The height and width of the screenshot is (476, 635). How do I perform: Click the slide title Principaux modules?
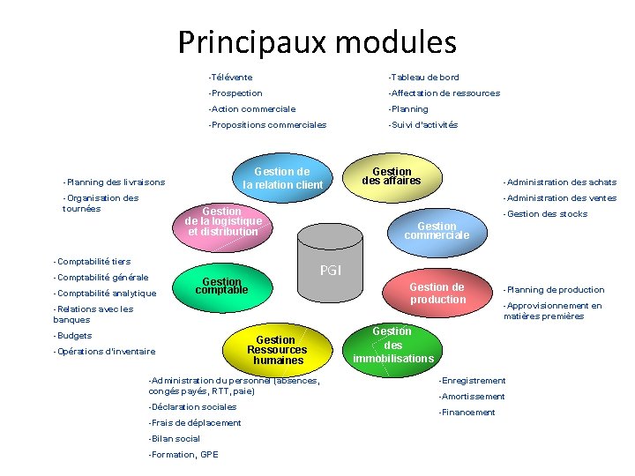click(x=317, y=41)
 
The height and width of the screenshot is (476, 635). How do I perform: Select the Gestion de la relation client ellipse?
click(x=282, y=178)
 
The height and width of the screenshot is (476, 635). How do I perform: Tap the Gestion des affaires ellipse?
click(x=392, y=176)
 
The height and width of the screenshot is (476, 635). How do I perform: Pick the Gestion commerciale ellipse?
click(x=437, y=231)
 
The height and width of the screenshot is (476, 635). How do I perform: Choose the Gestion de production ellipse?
click(x=437, y=294)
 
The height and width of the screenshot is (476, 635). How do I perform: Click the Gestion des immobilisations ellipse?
click(x=392, y=345)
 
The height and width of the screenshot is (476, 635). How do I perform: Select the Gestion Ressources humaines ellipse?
click(x=276, y=350)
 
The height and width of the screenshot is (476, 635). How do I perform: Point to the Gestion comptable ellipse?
click(x=221, y=286)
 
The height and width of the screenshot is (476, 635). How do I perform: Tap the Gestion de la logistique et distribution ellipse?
click(x=222, y=221)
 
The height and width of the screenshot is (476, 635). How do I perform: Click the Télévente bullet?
click(x=232, y=78)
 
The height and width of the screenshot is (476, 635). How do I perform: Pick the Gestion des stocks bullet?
click(x=546, y=214)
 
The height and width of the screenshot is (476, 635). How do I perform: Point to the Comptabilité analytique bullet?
click(x=105, y=294)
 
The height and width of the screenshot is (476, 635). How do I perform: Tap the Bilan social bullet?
click(x=176, y=439)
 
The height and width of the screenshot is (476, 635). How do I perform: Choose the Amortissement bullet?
click(x=472, y=397)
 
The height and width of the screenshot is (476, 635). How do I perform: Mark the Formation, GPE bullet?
click(x=184, y=455)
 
